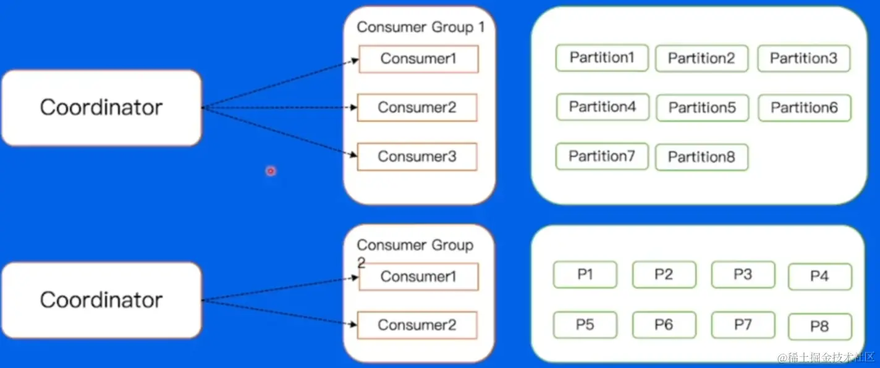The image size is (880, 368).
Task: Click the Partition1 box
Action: (602, 57)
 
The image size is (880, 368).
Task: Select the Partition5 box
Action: (703, 107)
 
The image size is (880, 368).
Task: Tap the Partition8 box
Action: (701, 157)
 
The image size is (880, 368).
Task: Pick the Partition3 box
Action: (804, 59)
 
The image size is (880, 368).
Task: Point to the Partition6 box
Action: (805, 107)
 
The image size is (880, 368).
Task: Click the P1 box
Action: (585, 274)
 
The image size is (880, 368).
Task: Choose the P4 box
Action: (820, 277)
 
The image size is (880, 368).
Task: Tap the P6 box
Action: (664, 324)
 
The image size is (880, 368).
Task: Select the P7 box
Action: (743, 324)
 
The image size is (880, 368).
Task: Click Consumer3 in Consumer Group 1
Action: (417, 157)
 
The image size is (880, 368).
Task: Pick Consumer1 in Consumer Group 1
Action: (419, 59)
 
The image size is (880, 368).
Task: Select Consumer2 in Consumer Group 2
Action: (417, 325)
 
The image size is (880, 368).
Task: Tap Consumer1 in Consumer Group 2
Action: (419, 277)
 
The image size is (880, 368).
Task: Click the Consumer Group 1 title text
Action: (421, 27)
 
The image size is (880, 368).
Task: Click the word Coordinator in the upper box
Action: (101, 107)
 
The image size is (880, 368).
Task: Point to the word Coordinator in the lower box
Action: (101, 299)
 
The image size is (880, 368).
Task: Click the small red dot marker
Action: (271, 171)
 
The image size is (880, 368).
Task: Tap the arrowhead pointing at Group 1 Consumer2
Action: (353, 107)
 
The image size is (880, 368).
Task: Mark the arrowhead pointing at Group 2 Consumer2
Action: (353, 324)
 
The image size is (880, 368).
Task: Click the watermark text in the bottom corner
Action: (826, 358)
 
